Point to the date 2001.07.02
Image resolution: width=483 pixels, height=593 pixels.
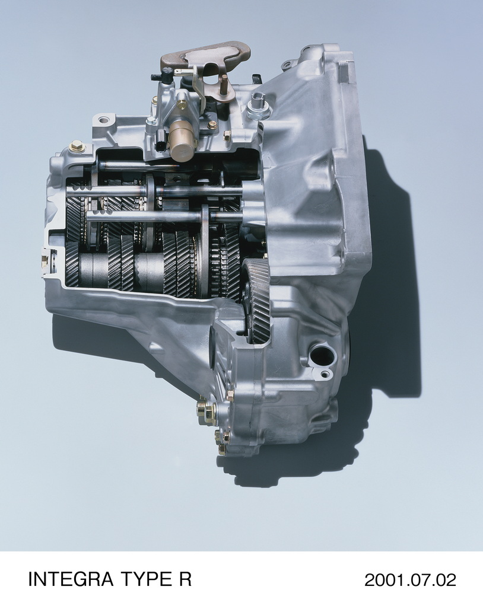point(411,579)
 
